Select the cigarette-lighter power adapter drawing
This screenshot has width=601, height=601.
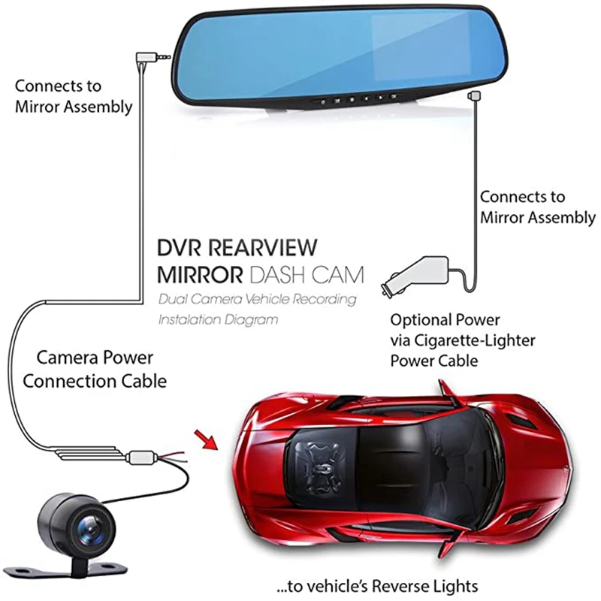pyautogui.click(x=417, y=274)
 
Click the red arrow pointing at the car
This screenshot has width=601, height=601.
pyautogui.click(x=205, y=437)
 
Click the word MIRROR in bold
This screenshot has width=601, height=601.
pyautogui.click(x=200, y=273)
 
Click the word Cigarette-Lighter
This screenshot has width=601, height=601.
pyautogui.click(x=481, y=340)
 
